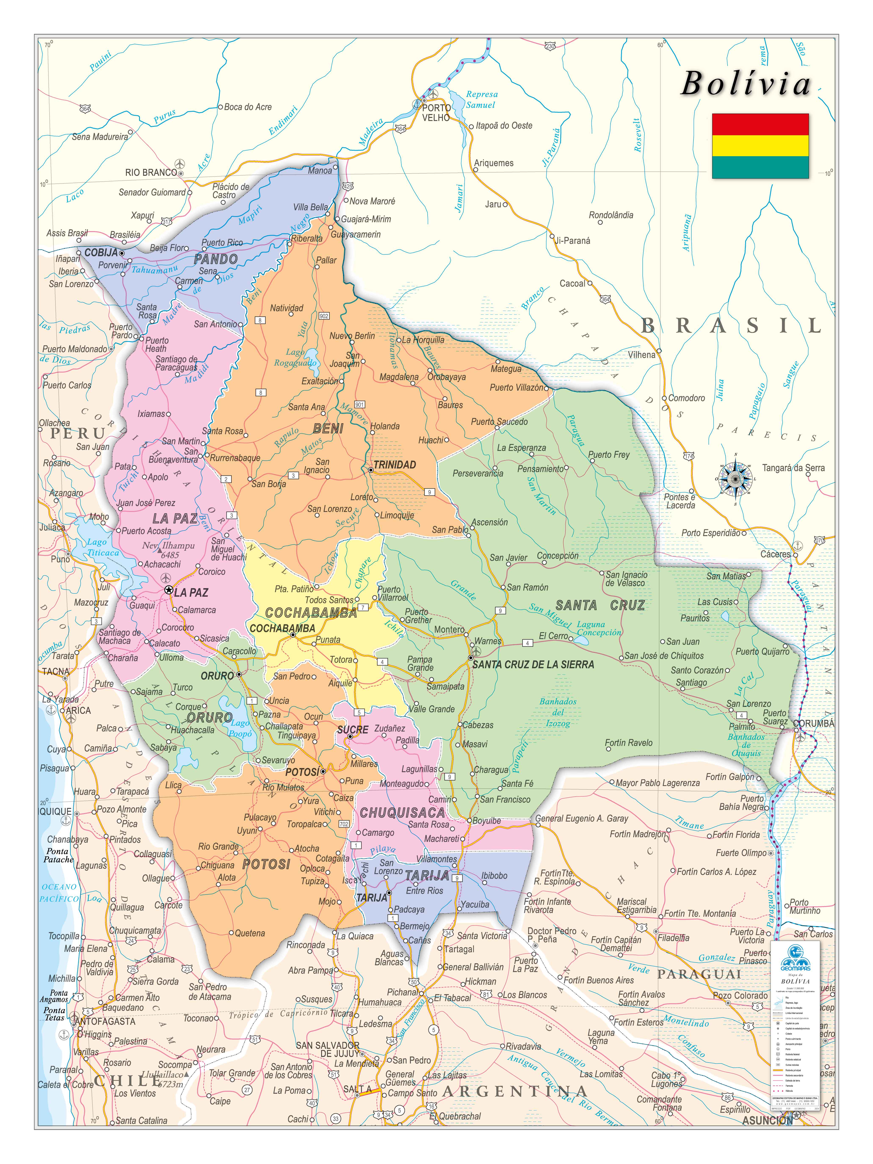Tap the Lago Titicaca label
click(x=103, y=547)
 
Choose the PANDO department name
click(x=216, y=259)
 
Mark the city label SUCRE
click(x=353, y=730)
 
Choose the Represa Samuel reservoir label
click(x=482, y=99)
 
